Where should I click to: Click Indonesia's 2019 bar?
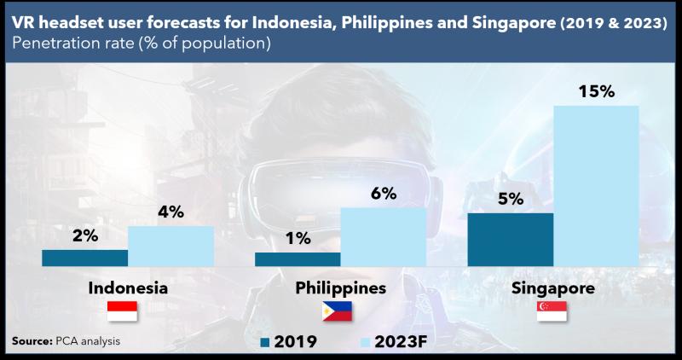tap(84, 257)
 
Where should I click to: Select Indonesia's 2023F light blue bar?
tap(170, 246)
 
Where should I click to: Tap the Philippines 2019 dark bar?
tap(298, 258)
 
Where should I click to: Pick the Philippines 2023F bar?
tap(383, 236)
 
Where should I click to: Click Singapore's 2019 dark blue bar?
tap(511, 239)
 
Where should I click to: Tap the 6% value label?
tap(383, 194)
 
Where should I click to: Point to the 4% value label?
tap(170, 212)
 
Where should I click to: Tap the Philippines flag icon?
tap(338, 312)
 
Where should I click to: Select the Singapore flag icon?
tap(552, 312)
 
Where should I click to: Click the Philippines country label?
tap(339, 288)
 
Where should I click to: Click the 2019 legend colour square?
tap(264, 343)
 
